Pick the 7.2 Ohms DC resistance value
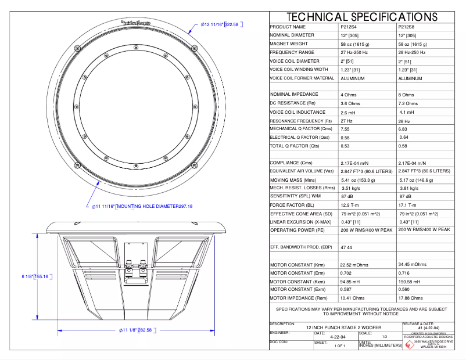click(x=411, y=103)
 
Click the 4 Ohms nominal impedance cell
click(x=349, y=95)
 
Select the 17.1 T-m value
click(x=409, y=205)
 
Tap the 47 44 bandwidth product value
click(x=347, y=247)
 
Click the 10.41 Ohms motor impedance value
click(x=352, y=298)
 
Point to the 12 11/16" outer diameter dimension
click(x=220, y=24)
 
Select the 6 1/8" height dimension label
click(x=36, y=276)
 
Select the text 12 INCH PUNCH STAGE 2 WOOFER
click(x=335, y=327)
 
